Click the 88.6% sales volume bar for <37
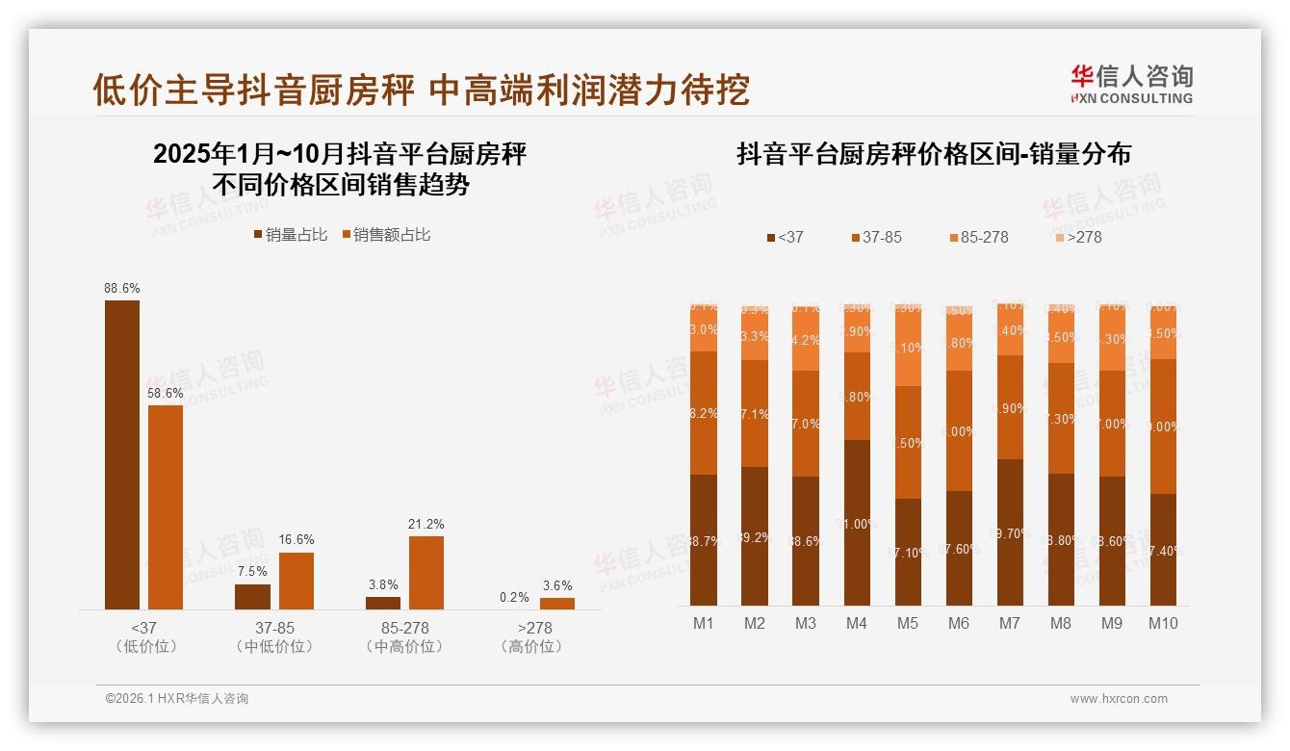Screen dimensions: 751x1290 [122, 454]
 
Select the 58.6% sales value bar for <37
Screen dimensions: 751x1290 [166, 507]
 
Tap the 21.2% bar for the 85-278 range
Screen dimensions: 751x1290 [426, 572]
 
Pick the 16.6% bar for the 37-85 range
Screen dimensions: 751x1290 [297, 581]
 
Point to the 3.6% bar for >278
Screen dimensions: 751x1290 [557, 604]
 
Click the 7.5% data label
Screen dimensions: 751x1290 [252, 571]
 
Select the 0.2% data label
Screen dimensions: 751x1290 [514, 597]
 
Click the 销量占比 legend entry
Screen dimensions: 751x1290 [291, 234]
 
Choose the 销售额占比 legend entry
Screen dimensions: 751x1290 [385, 234]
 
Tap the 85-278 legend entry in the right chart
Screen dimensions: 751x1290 [978, 237]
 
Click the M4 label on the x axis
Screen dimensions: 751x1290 [857, 623]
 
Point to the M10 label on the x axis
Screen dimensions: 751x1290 [1163, 623]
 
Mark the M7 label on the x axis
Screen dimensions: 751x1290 [1010, 623]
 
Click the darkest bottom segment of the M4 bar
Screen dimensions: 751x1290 [857, 523]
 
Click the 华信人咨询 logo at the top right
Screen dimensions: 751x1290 [1131, 84]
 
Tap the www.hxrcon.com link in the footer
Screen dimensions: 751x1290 [1119, 699]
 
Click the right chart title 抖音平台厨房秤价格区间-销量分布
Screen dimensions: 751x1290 [934, 154]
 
